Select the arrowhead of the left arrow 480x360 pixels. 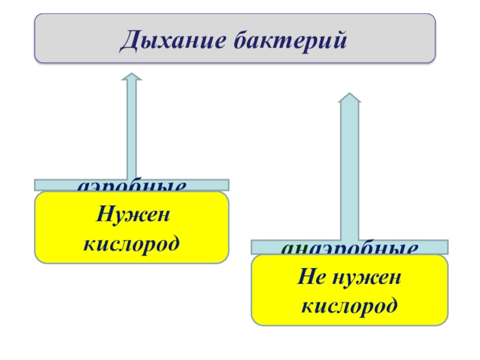click(x=131, y=78)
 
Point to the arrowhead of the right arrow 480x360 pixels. click(x=350, y=98)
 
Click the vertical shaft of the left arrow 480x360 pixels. click(x=131, y=132)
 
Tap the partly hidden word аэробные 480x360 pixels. click(x=131, y=187)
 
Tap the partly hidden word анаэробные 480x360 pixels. click(x=350, y=249)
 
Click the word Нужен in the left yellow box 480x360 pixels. click(x=132, y=214)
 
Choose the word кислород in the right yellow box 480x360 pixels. click(x=350, y=305)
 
